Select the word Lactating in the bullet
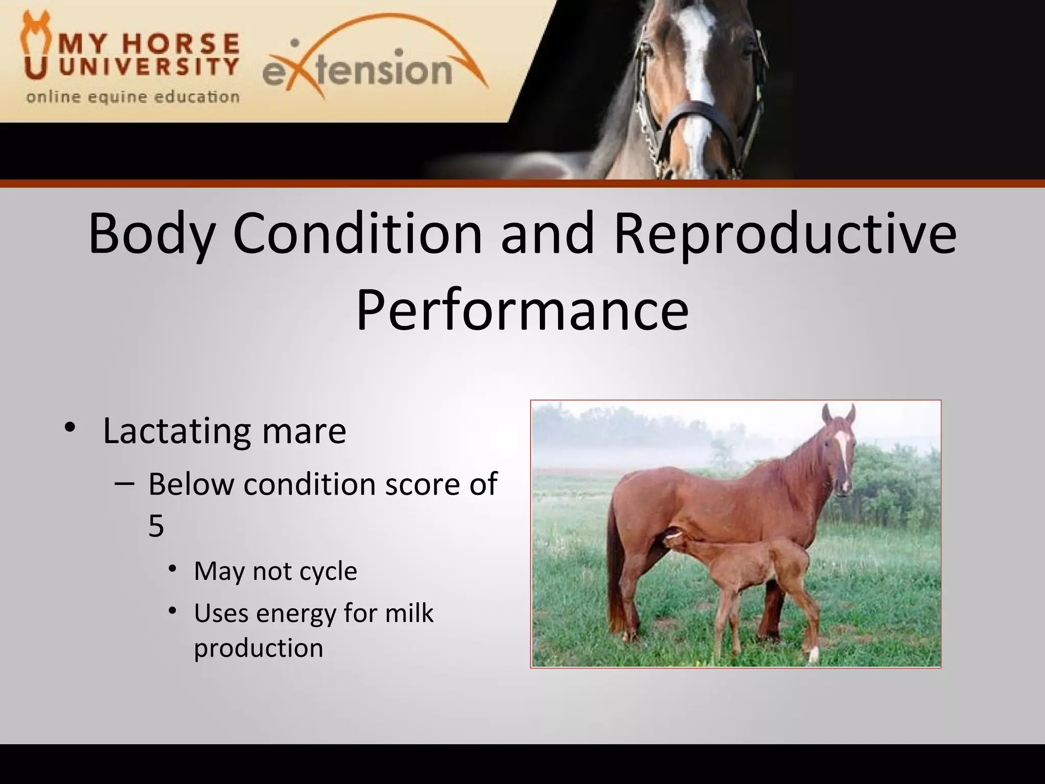click(x=176, y=432)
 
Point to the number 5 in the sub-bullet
click(x=156, y=526)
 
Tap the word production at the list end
click(x=258, y=648)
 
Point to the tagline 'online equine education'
click(x=133, y=97)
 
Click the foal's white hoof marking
click(x=813, y=655)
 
